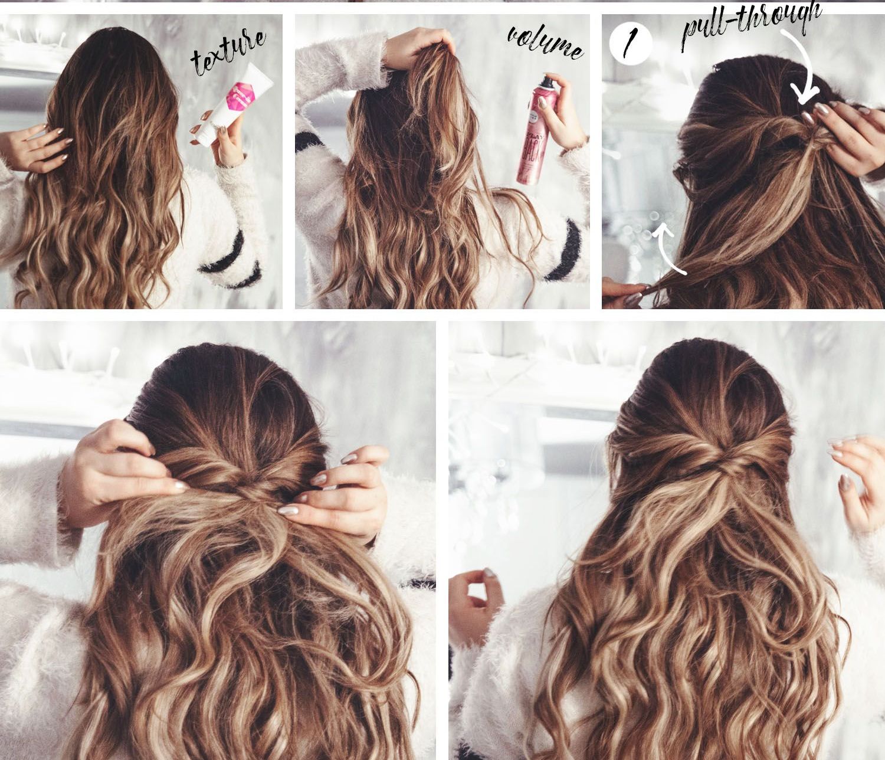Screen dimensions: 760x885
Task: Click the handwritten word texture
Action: pyautogui.click(x=228, y=53)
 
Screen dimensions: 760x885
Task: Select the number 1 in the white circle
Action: pyautogui.click(x=630, y=42)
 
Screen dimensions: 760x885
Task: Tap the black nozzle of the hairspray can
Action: pyautogui.click(x=548, y=79)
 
